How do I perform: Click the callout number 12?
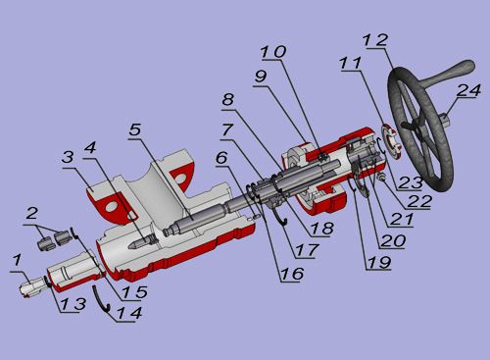(375, 40)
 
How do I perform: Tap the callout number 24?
(468, 90)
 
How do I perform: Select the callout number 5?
(135, 130)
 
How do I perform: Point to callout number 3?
(68, 157)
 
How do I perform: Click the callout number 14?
(129, 313)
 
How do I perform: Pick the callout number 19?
(379, 263)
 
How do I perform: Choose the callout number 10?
(273, 52)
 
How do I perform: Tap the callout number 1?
(17, 261)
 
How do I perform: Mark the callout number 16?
(292, 274)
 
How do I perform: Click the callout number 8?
(228, 99)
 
